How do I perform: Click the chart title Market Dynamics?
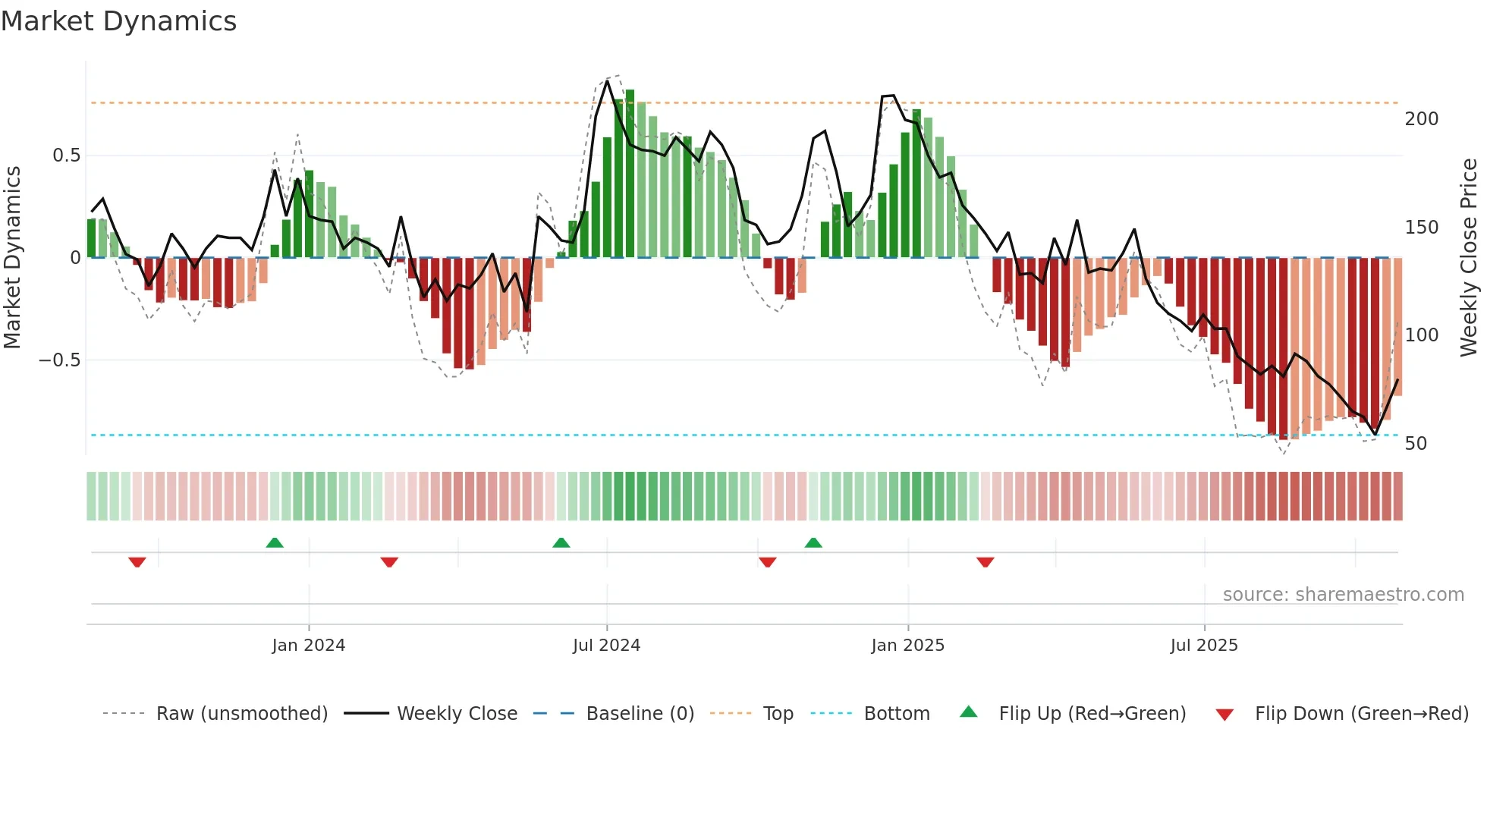point(119,21)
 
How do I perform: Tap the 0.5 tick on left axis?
point(66,156)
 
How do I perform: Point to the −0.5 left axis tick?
point(60,360)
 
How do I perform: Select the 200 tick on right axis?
point(1421,119)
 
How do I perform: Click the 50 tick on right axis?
point(1416,444)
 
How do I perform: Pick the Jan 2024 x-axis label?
point(308,646)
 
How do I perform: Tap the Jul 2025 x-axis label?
point(1203,646)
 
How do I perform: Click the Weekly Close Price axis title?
point(1469,258)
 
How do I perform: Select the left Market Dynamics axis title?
point(12,258)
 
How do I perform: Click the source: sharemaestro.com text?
point(1343,595)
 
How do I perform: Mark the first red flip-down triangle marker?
point(137,562)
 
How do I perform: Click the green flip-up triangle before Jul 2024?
point(561,542)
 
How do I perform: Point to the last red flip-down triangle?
point(986,562)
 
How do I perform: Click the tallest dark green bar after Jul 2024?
point(630,174)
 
